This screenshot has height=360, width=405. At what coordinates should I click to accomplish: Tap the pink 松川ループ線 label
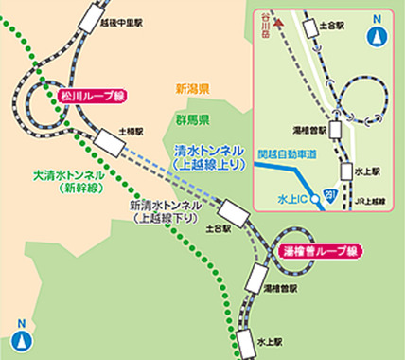coord(89,96)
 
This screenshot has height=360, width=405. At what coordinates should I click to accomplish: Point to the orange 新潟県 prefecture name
coord(192,90)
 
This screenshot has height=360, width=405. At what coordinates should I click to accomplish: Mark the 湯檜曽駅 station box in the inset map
coord(334,127)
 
